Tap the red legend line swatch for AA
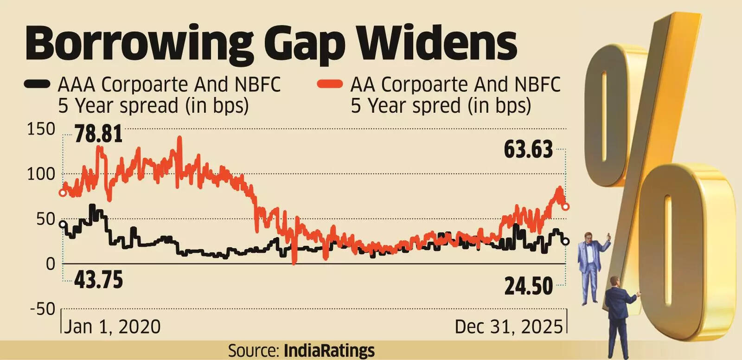pyautogui.click(x=330, y=84)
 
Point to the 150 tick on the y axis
pyautogui.click(x=41, y=129)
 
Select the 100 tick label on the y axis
pyautogui.click(x=41, y=174)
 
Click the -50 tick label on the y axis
pyautogui.click(x=43, y=309)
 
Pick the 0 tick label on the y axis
pyautogui.click(x=50, y=264)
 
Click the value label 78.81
pyautogui.click(x=98, y=135)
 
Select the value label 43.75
pyautogui.click(x=98, y=280)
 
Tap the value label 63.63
pyautogui.click(x=529, y=150)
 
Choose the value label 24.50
pyautogui.click(x=529, y=286)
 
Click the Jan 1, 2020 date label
pyautogui.click(x=112, y=327)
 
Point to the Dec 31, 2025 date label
pyautogui.click(x=508, y=327)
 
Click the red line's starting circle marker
pyautogui.click(x=63, y=193)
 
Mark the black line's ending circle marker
pyautogui.click(x=565, y=241)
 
